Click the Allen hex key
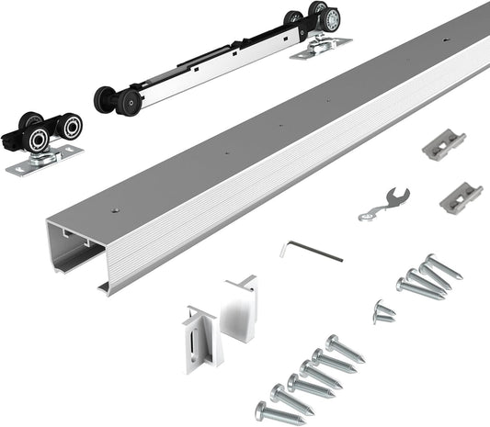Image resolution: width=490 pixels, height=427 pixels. (x=313, y=251)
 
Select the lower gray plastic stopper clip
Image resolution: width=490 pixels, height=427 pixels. (x=461, y=197)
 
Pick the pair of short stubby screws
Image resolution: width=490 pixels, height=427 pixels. (x=383, y=312)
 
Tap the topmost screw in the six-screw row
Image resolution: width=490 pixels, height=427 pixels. (x=344, y=347)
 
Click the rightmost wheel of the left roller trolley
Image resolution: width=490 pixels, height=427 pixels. (x=70, y=126)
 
